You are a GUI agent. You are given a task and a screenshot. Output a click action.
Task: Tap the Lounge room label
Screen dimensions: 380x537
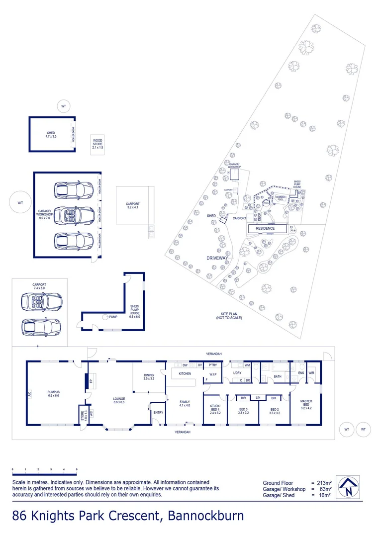pyautogui.click(x=119, y=400)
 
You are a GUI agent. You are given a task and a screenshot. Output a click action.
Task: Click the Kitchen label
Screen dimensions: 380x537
pyautogui.click(x=185, y=373)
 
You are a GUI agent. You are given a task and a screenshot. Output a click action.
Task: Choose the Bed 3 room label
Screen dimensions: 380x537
pyautogui.click(x=243, y=410)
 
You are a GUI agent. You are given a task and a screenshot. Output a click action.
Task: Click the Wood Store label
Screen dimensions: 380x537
pyautogui.click(x=97, y=144)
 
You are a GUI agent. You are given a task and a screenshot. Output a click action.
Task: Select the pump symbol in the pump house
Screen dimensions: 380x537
pyautogui.click(x=105, y=316)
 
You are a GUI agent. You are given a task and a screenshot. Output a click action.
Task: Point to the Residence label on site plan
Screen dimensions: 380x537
pyautogui.click(x=265, y=228)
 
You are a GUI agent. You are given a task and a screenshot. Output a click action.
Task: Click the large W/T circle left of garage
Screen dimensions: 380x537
pyautogui.click(x=20, y=203)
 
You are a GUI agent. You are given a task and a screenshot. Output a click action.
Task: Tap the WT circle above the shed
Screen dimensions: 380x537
pyautogui.click(x=63, y=106)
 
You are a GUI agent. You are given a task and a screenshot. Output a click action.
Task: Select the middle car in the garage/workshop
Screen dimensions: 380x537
pyautogui.click(x=74, y=215)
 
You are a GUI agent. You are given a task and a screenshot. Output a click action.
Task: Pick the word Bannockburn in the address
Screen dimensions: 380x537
pyautogui.click(x=206, y=516)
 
